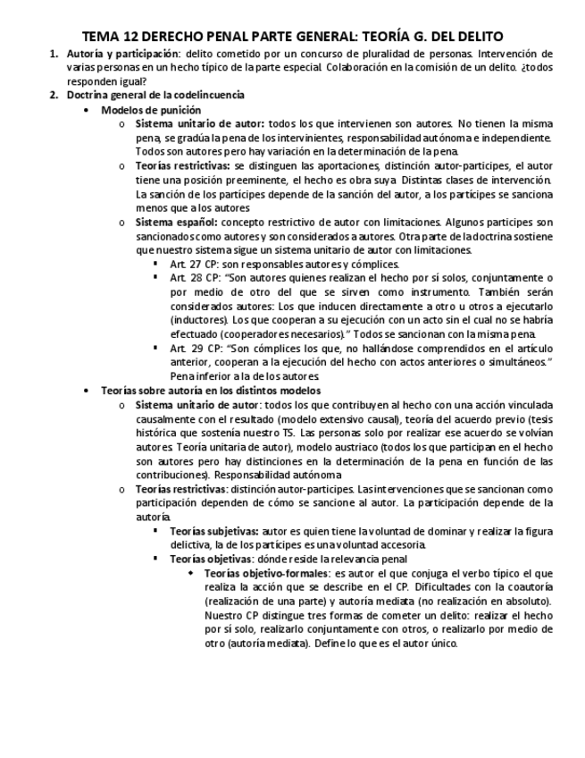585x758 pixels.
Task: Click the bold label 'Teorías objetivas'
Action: pyautogui.click(x=212, y=559)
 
